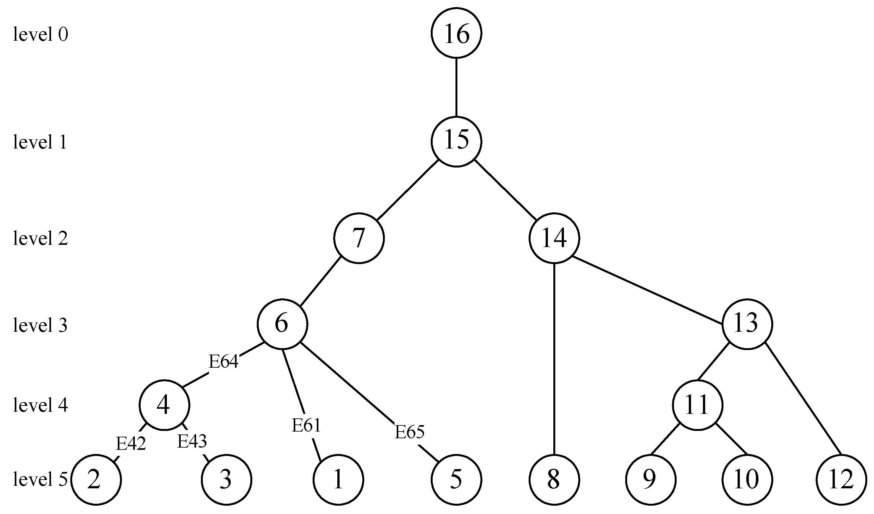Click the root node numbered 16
coord(456,33)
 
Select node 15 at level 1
coord(456,141)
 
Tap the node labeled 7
coord(359,238)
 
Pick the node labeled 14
coord(554,238)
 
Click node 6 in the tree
coord(282,324)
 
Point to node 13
coord(747,324)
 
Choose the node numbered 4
coord(164,405)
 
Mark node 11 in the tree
coord(698,405)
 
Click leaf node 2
coord(96,480)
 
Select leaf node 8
coord(554,480)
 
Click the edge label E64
coord(223,362)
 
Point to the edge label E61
coord(306,425)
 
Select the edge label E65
coord(410,432)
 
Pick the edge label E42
coord(130,443)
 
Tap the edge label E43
coord(192,441)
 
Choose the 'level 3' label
coord(40,325)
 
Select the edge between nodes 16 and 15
coord(456,87)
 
